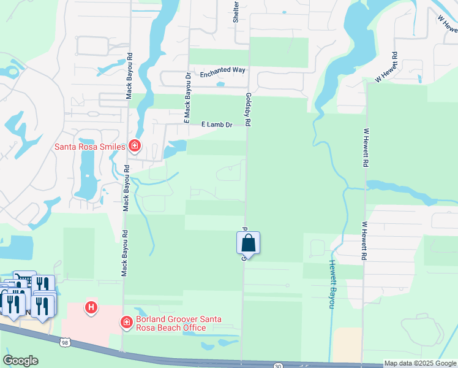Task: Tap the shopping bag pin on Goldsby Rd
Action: pyautogui.click(x=248, y=243)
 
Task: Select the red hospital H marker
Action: pyautogui.click(x=91, y=307)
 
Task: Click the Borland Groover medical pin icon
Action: pyautogui.click(x=126, y=322)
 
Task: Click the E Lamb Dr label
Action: pyautogui.click(x=217, y=125)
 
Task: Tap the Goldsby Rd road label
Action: pyautogui.click(x=248, y=110)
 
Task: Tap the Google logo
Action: pyautogui.click(x=20, y=361)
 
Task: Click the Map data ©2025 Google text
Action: pyautogui.click(x=420, y=363)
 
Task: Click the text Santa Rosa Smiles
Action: pyautogui.click(x=91, y=147)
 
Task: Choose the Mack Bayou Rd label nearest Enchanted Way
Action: pyautogui.click(x=129, y=74)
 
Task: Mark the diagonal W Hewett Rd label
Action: pyautogui.click(x=387, y=71)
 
